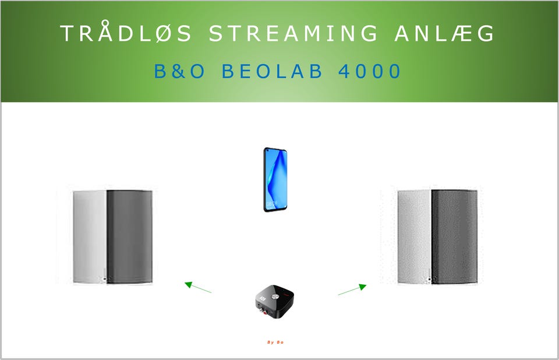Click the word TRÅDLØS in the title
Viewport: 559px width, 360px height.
(x=126, y=32)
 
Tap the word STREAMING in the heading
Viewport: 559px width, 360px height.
(x=293, y=33)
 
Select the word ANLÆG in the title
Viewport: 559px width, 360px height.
(x=444, y=33)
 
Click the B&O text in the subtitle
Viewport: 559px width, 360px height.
(x=180, y=70)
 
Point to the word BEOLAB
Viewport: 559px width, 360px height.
(x=272, y=70)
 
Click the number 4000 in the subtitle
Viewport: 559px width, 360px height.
(x=370, y=70)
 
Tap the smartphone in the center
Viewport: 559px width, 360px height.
(x=275, y=179)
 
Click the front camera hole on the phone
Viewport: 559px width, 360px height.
(x=267, y=152)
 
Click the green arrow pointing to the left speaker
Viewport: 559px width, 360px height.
(x=198, y=287)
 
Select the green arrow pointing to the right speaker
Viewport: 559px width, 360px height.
(x=352, y=290)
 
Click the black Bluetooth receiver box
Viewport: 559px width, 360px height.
(x=274, y=302)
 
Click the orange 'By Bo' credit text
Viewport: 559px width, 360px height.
(x=275, y=342)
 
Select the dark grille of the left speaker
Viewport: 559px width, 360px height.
(x=129, y=237)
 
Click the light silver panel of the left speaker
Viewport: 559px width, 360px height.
(x=90, y=237)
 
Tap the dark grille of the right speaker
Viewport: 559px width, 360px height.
(x=454, y=237)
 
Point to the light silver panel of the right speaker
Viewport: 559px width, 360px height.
(x=414, y=237)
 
